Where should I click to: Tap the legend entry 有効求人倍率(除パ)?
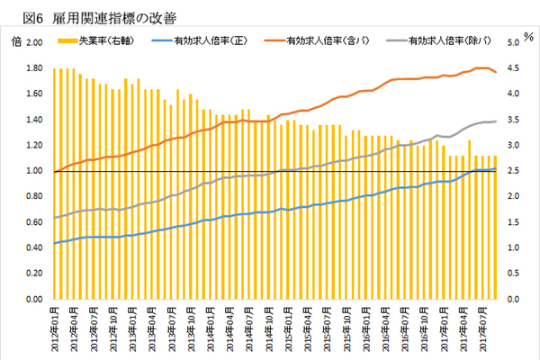(447, 40)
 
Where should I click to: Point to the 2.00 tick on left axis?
(34, 42)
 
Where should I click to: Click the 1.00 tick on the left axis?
(34, 170)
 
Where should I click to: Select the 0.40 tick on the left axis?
(34, 247)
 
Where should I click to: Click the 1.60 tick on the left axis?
(34, 94)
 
